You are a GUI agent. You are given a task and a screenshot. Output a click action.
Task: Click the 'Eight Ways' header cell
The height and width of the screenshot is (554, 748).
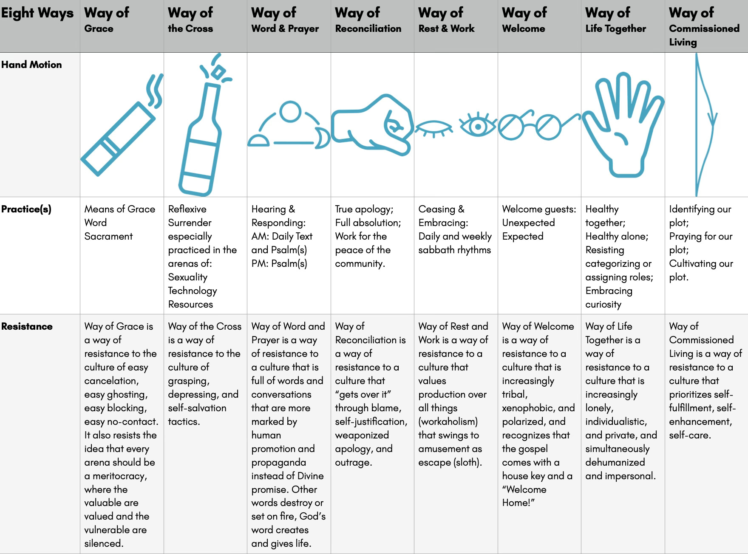[x=37, y=14]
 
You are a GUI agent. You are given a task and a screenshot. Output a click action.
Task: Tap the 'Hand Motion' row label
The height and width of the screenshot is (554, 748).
[x=31, y=65]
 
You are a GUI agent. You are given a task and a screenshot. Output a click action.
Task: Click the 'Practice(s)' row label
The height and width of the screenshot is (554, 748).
[x=26, y=209]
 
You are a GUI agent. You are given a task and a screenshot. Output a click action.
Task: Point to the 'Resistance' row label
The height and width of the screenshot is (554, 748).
[x=27, y=326]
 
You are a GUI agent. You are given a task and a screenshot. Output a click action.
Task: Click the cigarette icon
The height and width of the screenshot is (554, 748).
[x=117, y=138]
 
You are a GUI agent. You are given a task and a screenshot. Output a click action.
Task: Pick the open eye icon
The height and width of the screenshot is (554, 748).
[x=478, y=126]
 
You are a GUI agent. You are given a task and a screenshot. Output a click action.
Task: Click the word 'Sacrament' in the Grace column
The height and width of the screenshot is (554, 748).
[x=108, y=236]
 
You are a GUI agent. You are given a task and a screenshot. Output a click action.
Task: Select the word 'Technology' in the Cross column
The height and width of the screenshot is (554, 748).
[x=193, y=291]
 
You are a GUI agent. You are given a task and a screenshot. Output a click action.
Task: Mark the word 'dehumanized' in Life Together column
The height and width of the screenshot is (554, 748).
[x=615, y=462]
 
